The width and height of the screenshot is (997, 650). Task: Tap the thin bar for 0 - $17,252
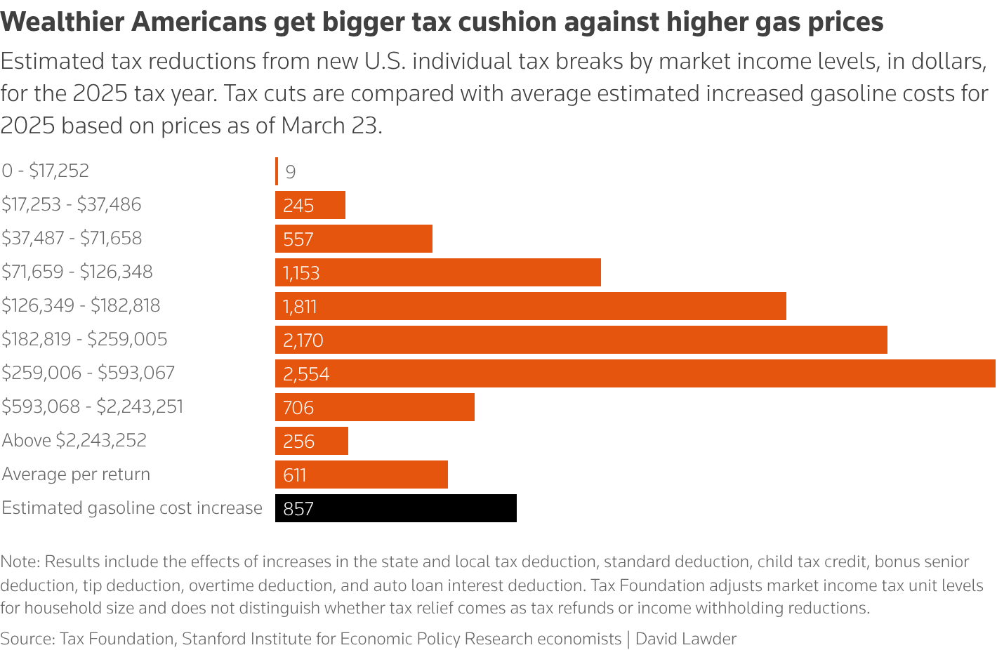[x=277, y=171]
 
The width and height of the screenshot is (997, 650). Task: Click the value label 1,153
[x=301, y=273]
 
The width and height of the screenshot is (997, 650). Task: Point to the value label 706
[x=298, y=408]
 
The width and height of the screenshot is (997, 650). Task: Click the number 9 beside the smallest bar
[x=291, y=172]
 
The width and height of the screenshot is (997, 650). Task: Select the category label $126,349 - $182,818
[x=81, y=305]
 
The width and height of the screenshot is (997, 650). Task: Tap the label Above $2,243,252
[x=74, y=440]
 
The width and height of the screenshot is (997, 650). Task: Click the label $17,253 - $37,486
[x=72, y=204]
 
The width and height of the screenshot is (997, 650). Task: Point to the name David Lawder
[x=686, y=639]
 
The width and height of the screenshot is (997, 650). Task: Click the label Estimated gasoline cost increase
[x=132, y=508]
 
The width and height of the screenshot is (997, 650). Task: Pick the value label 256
[x=298, y=442]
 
